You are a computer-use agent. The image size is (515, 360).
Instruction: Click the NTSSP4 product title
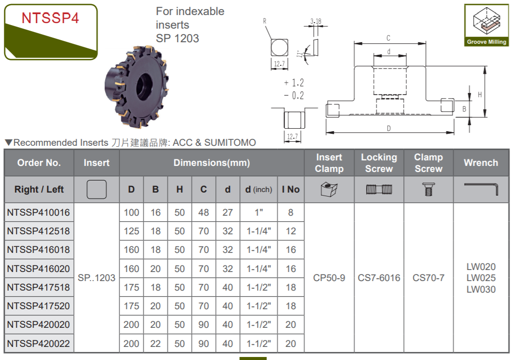50,19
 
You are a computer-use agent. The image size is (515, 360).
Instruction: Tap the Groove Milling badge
486,26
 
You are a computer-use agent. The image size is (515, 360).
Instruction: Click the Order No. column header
39,163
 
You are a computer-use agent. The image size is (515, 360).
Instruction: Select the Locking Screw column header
379,163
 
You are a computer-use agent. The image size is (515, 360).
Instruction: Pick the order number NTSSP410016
39,213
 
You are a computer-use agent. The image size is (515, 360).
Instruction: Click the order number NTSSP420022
39,344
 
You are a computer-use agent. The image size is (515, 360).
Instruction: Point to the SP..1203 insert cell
97,278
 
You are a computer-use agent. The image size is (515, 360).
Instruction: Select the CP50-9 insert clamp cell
329,278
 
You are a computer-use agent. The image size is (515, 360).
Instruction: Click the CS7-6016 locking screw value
379,278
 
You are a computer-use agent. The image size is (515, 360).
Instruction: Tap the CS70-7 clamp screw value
428,278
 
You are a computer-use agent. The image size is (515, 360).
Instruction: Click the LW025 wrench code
481,278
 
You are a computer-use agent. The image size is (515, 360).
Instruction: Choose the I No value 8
291,213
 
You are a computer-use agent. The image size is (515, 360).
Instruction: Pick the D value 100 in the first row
131,213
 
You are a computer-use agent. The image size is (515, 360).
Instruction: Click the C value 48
204,213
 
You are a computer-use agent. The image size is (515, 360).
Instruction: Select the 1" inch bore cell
259,213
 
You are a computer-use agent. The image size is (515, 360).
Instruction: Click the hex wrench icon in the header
481,189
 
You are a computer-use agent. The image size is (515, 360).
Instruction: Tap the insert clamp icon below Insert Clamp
329,190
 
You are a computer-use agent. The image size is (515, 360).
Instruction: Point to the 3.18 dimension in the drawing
316,21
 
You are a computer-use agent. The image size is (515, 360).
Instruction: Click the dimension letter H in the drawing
480,95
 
